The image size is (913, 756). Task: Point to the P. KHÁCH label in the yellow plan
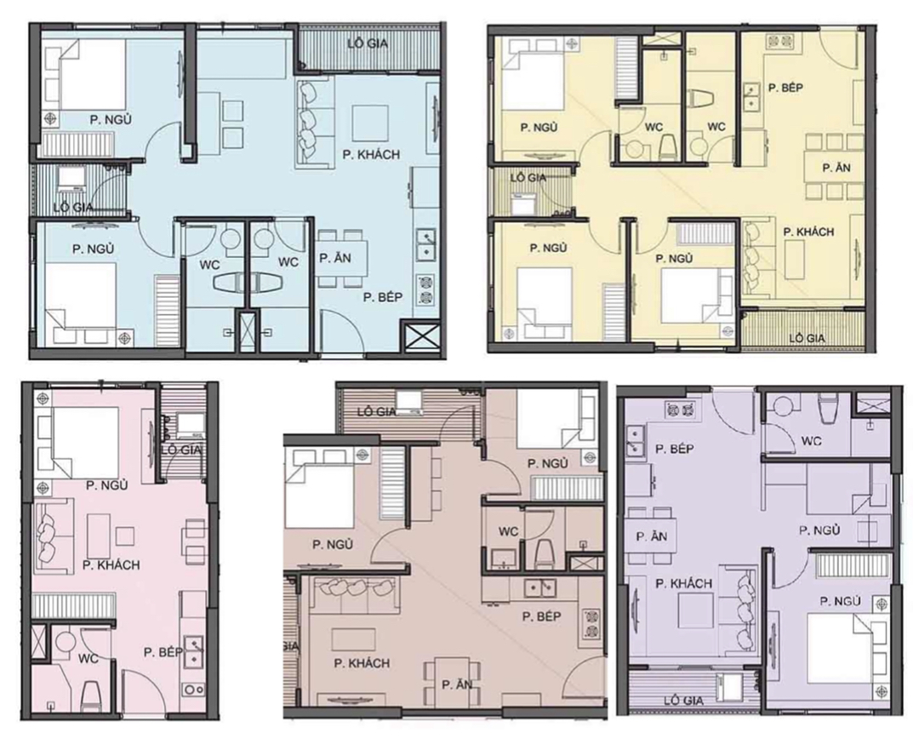[808, 232]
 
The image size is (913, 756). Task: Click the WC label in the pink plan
[89, 658]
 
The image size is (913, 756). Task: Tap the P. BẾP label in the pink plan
[163, 652]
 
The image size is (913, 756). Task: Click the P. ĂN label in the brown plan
[457, 684]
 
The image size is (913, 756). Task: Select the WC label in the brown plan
[509, 531]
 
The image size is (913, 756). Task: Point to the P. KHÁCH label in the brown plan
[362, 662]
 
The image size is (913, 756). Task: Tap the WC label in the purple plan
[810, 441]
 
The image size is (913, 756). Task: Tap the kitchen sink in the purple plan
[635, 440]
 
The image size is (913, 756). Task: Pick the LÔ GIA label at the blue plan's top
[368, 43]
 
